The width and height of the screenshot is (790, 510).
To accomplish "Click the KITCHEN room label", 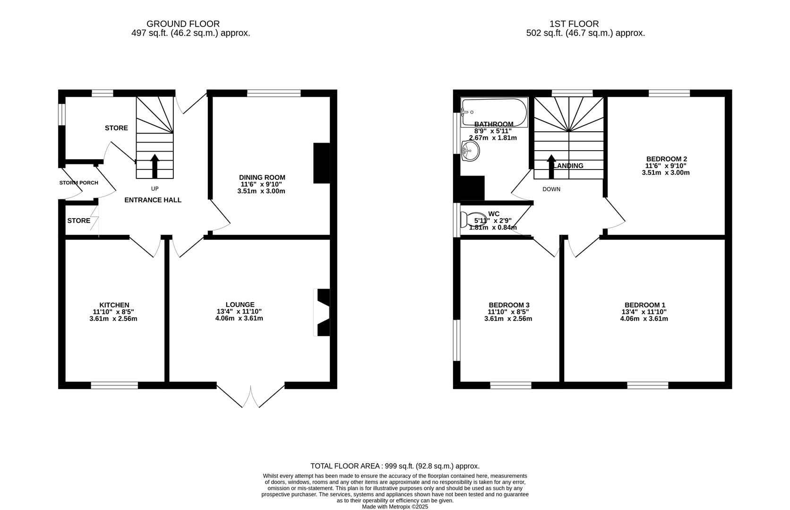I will pos(114,305).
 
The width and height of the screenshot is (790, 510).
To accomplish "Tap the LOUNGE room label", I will pos(240,305).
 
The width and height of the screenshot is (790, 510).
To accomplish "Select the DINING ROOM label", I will pos(262,178).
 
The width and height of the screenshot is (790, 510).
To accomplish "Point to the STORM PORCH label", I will pos(79,183).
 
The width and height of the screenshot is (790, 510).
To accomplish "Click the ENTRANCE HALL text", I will pos(153,200).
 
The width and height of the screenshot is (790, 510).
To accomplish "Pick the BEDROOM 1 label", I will pos(644,305).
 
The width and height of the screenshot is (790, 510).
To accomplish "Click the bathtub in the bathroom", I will pos(494,112).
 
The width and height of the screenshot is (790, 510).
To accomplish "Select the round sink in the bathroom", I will pos(471,152).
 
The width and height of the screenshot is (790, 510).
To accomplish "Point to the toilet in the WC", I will pos(474,220).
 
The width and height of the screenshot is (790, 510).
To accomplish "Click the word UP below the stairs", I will pos(155,188).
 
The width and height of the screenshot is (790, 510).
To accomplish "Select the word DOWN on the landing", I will pos(551,189).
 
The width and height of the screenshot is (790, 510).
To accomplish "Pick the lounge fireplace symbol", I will pos(322,312).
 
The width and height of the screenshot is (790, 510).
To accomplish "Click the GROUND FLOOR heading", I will pos(183,24).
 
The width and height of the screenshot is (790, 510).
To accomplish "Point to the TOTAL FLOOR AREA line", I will pos(395,466).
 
